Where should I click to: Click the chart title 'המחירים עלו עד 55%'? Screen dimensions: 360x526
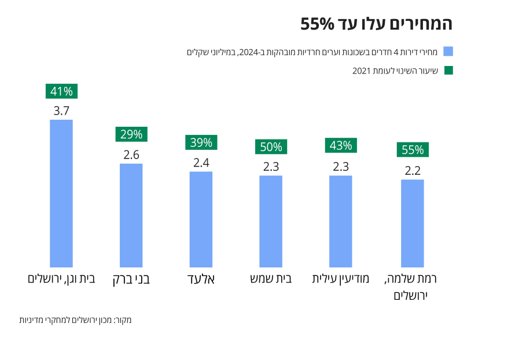tap(376, 24)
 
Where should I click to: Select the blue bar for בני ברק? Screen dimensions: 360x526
tap(131, 215)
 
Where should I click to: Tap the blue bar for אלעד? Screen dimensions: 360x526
tap(201, 219)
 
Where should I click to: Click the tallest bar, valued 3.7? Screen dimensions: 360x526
tap(61, 193)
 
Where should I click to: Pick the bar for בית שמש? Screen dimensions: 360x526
tap(271, 221)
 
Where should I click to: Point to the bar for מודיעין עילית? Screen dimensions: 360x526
tap(341, 221)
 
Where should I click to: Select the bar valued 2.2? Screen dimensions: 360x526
tap(412, 223)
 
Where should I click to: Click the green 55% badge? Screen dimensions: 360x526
tap(413, 150)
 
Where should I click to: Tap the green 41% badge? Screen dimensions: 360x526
tap(61, 91)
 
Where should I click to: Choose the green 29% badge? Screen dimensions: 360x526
tap(131, 134)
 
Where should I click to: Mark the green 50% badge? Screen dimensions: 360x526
tap(271, 147)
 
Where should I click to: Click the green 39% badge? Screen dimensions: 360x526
tap(201, 142)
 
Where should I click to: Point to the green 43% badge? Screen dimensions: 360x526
tap(341, 145)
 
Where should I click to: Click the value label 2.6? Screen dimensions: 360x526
tap(131, 155)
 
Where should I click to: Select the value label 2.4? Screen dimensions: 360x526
tap(201, 163)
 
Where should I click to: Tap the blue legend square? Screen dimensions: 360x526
tap(448, 52)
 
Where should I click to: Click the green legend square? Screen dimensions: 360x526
tap(448, 70)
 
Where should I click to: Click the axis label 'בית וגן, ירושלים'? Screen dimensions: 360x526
tap(61, 279)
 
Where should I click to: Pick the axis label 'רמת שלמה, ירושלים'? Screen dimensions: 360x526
tap(411, 286)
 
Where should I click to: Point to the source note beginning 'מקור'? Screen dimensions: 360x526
tap(76, 319)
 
